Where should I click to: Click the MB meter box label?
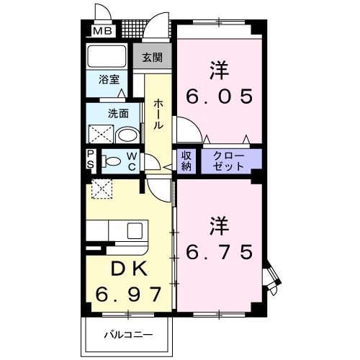[x=102, y=32]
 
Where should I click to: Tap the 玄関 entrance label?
[x=152, y=58]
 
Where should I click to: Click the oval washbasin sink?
[x=127, y=135]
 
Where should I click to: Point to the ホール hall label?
[x=158, y=114]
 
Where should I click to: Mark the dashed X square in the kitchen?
[x=101, y=190]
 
